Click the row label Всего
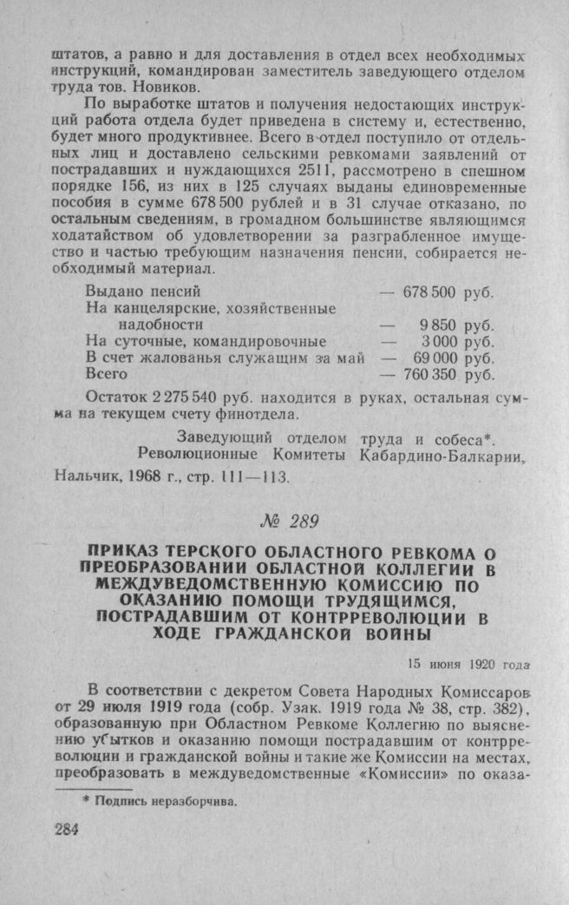coord(107,375)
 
